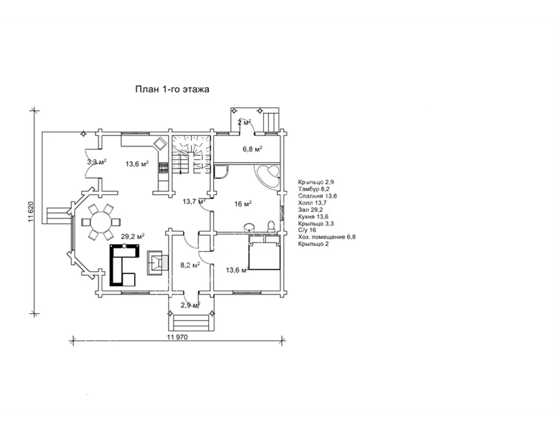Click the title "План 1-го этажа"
tap(172, 89)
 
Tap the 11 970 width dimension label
tap(177, 337)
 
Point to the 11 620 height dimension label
tap(31, 212)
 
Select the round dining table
tap(101, 222)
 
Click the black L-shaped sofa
tap(125, 265)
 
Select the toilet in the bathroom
tap(271, 226)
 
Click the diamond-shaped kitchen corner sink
tap(160, 144)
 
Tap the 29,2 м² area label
tap(133, 236)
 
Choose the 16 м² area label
tap(243, 204)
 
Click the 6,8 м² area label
tap(253, 149)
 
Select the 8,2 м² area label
tap(190, 265)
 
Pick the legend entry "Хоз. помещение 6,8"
tap(327, 237)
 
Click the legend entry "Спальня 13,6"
tap(317, 196)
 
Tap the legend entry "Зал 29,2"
tap(310, 210)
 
